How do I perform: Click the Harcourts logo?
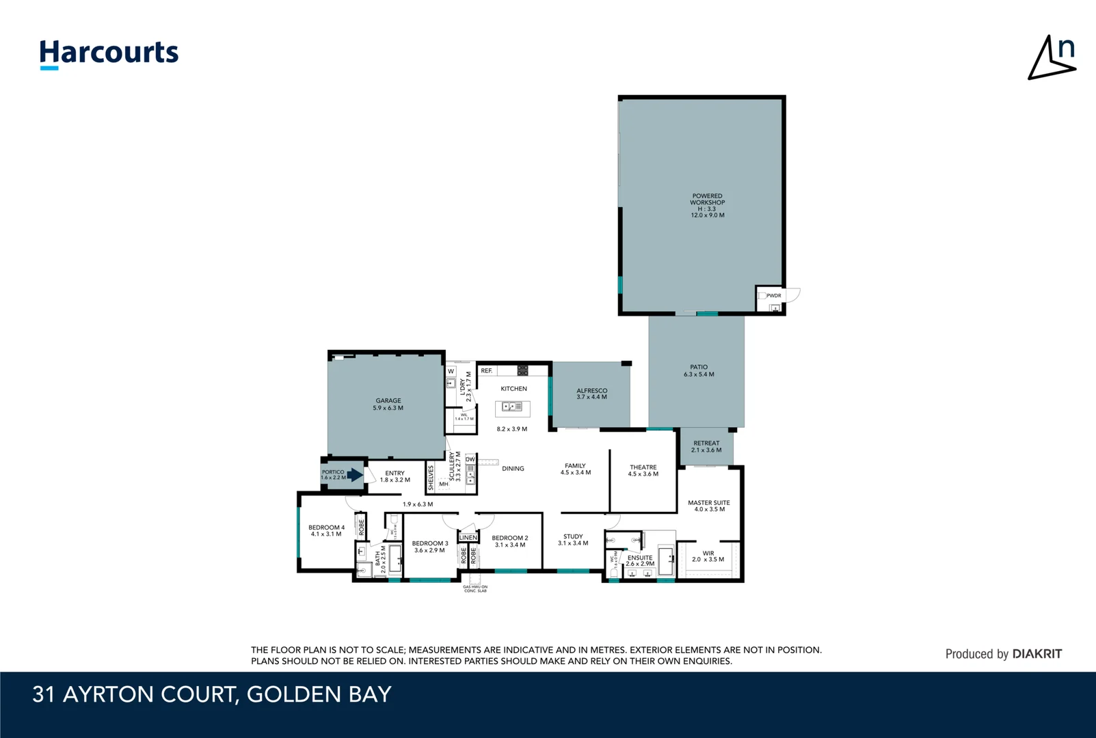point(109,53)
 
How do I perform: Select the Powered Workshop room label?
point(707,205)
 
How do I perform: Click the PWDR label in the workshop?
point(773,296)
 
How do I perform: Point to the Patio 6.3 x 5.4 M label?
point(699,370)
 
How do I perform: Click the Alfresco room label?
point(591,394)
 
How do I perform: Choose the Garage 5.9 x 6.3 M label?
point(388,405)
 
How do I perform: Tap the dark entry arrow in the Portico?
point(354,475)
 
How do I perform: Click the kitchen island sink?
point(512,407)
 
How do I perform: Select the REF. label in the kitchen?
point(486,371)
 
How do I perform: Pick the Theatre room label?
point(643,470)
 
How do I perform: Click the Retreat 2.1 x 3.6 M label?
point(706,446)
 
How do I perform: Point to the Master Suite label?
point(708,506)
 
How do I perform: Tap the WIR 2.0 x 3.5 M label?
point(708,556)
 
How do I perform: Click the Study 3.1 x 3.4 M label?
point(573,540)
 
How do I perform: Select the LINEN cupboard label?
point(468,538)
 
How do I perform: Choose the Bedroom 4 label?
point(326,530)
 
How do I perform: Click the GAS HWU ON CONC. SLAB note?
point(475,588)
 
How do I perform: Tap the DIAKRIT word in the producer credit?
point(1037,654)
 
